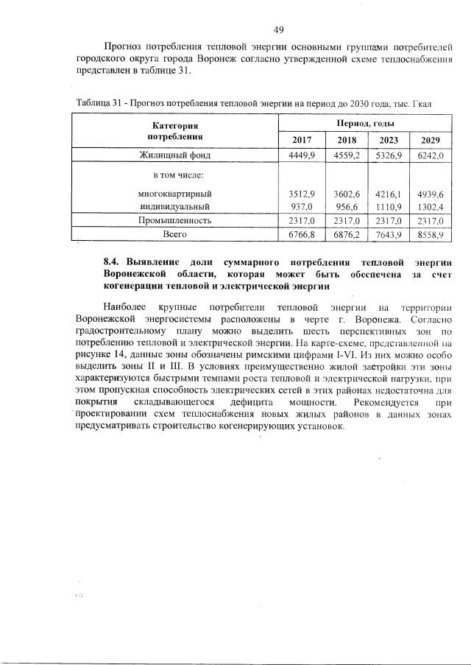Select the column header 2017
click(x=302, y=140)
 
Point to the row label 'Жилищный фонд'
click(x=175, y=155)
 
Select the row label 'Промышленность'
click(x=175, y=220)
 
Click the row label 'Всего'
click(x=175, y=234)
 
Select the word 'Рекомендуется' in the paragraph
click(x=389, y=403)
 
